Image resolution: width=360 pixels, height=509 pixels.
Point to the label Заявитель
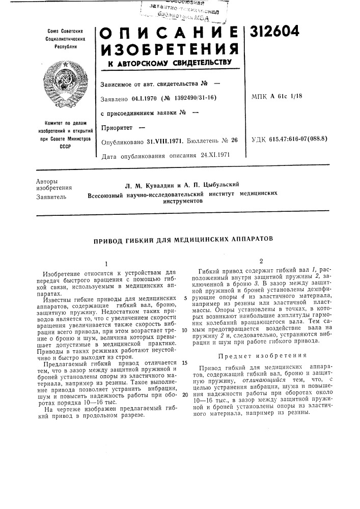click(x=49, y=195)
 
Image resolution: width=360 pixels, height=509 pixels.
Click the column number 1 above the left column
click(x=106, y=264)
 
